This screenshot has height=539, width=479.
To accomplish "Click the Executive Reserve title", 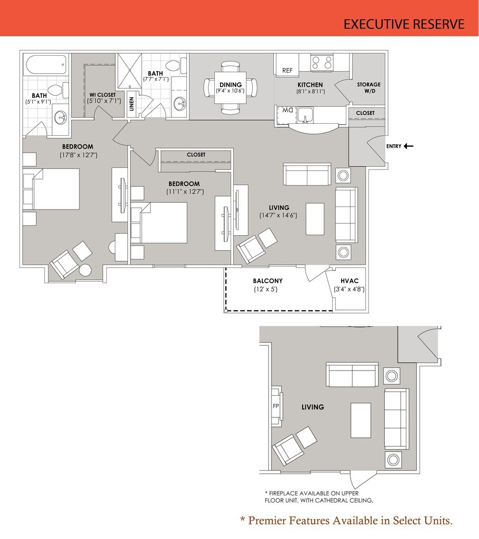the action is (x=404, y=24).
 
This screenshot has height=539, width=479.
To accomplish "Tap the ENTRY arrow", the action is (x=408, y=146).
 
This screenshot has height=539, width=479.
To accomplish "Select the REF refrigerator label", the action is (x=287, y=71).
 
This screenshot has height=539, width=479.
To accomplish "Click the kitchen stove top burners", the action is (x=322, y=63).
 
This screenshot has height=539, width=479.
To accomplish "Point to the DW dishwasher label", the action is (x=287, y=111).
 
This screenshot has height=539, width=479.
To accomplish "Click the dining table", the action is (x=231, y=88).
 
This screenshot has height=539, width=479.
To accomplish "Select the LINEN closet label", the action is (x=131, y=104).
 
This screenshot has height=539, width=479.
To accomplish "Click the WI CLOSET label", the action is (x=103, y=95).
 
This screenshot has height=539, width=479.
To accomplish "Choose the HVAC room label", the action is (x=350, y=281).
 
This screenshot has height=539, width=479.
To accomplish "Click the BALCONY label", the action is (x=267, y=281).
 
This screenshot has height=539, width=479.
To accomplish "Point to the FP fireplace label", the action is (x=276, y=406).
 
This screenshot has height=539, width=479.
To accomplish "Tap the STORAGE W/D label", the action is (x=369, y=88).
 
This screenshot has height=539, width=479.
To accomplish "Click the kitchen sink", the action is (x=305, y=114).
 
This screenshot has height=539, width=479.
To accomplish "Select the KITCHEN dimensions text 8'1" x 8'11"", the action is (x=311, y=92).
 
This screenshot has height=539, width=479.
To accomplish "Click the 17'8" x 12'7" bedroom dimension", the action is (x=78, y=155).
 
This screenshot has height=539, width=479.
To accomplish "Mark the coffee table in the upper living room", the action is (x=315, y=219).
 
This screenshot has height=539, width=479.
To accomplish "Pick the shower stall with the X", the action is (x=129, y=71).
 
